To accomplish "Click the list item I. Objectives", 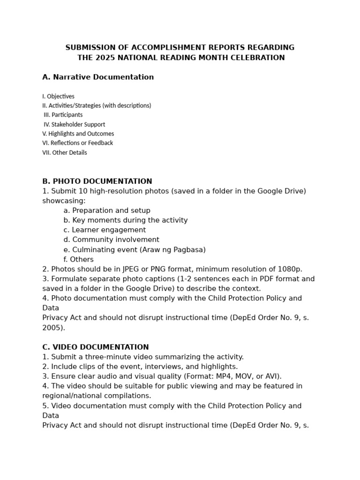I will (x=58, y=96).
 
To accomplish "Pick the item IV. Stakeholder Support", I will (x=74, y=124).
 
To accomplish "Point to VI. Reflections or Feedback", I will (x=77, y=143).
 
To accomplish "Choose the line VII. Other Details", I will (x=64, y=152).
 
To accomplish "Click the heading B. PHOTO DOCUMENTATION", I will (x=97, y=181).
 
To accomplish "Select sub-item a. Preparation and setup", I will (x=107, y=210).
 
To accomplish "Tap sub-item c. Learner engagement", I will (x=105, y=230).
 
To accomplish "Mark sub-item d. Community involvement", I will (x=111, y=240).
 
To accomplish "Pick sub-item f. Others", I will (x=78, y=260).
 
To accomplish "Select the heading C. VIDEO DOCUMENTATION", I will (x=96, y=347).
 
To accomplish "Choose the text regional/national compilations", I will (x=97, y=396).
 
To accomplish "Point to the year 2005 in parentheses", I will (x=52, y=328).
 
